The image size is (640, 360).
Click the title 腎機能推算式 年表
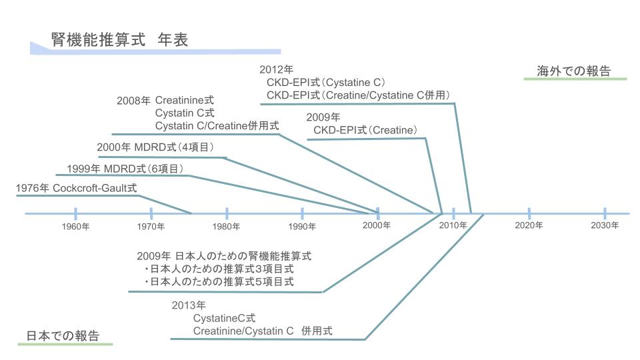point(119,39)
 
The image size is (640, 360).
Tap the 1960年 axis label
point(75,226)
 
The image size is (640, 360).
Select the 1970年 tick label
point(151,226)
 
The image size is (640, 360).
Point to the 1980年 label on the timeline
point(226,226)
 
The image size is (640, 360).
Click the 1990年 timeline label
point(301,226)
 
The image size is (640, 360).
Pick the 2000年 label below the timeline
point(377,225)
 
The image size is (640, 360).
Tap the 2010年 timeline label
point(453,225)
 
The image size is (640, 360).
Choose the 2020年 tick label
point(529,225)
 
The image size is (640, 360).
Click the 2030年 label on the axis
point(605,225)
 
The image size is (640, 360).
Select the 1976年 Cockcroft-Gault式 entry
point(76,188)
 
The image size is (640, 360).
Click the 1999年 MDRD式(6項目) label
point(125,169)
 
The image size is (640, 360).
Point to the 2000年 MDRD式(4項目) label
point(155,147)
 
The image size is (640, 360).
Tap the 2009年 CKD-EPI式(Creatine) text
point(362,124)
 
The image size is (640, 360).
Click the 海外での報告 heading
point(573,71)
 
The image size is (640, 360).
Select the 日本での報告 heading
point(63,335)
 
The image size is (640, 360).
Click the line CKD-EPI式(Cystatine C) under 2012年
point(326,83)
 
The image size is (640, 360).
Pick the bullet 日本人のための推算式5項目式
point(219,281)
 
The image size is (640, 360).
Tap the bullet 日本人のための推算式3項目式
point(219,269)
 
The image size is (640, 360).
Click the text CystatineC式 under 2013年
point(224,318)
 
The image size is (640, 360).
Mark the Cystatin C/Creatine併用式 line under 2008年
point(217,126)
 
